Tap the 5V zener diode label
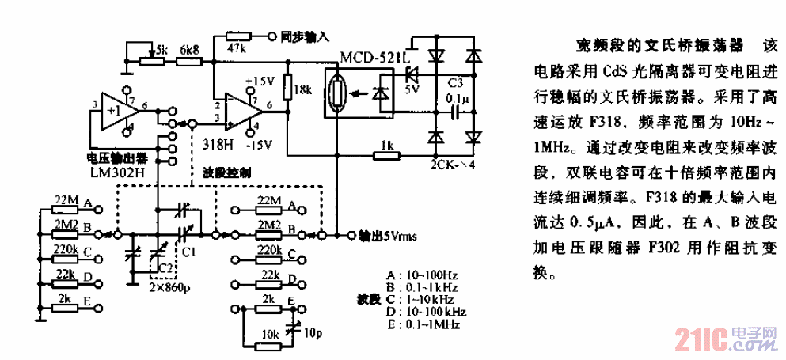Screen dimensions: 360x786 coord(412,89)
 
